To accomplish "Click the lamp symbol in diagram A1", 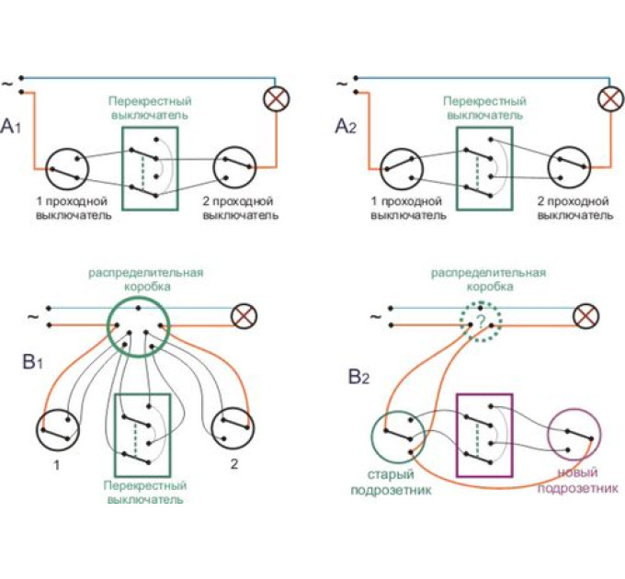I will pyautogui.click(x=273, y=99).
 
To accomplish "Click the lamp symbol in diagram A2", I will pyautogui.click(x=608, y=99).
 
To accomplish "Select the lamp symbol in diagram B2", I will pyautogui.click(x=585, y=317).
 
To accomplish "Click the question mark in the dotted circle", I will pyautogui.click(x=478, y=323).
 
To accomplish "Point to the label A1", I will pyautogui.click(x=16, y=126).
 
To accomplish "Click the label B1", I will pyautogui.click(x=32, y=362).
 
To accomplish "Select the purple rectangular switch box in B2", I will pyautogui.click(x=484, y=435).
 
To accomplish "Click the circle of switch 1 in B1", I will pyautogui.click(x=58, y=430).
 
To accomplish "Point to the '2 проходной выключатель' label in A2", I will pyautogui.click(x=574, y=207).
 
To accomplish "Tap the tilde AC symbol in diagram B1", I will pyautogui.click(x=35, y=318).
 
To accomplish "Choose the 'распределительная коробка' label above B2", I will pyautogui.click(x=489, y=279).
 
